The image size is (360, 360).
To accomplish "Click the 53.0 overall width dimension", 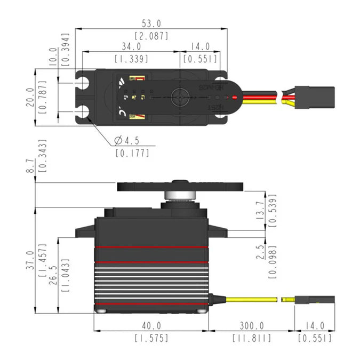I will point(151,23).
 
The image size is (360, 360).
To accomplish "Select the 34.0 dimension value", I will point(131,46).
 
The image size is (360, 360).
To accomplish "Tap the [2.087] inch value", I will point(151,36).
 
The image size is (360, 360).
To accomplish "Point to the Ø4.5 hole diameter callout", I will point(127,141).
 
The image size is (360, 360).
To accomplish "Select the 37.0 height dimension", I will point(30,261).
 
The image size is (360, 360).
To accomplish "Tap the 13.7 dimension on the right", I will point(260,212).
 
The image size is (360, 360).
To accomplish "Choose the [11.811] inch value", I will point(251,338).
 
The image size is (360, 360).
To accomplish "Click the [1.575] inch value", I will point(151,338).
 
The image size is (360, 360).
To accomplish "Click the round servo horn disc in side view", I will point(179,187).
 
